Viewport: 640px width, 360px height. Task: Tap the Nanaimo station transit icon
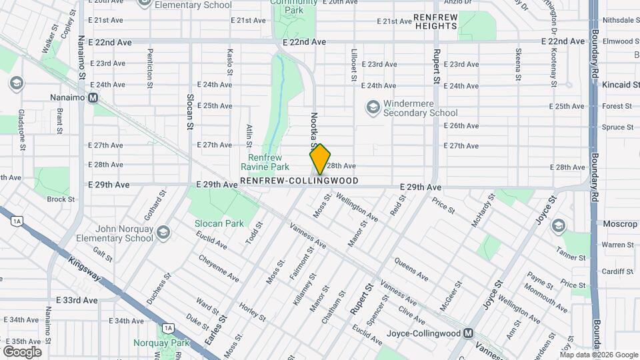94,97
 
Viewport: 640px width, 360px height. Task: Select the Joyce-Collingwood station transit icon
469,333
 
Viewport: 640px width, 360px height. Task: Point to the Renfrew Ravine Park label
265,162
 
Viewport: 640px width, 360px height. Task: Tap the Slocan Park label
219,223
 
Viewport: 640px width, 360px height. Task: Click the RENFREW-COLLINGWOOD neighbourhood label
299,181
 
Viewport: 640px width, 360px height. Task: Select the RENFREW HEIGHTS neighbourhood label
435,21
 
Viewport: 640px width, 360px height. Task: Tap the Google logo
22,351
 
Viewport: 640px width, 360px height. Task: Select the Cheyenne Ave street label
218,267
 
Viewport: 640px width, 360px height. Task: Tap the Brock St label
61,199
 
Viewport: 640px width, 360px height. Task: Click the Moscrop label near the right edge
619,224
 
